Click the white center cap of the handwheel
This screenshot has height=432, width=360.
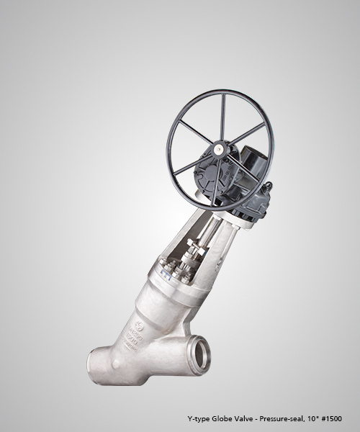tap(219, 149)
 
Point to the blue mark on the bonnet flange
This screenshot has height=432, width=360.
tap(166, 277)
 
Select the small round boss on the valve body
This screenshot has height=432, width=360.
tap(116, 364)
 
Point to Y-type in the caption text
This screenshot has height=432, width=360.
tap(198, 419)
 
